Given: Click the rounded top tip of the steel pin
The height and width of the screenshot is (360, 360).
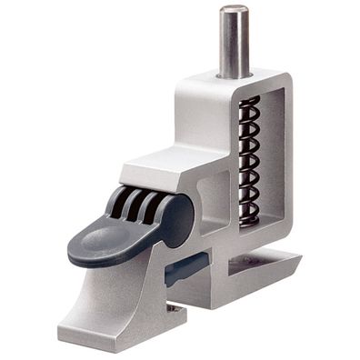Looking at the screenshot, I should [234, 10].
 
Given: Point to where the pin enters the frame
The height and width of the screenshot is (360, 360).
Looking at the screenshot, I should [234, 75].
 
